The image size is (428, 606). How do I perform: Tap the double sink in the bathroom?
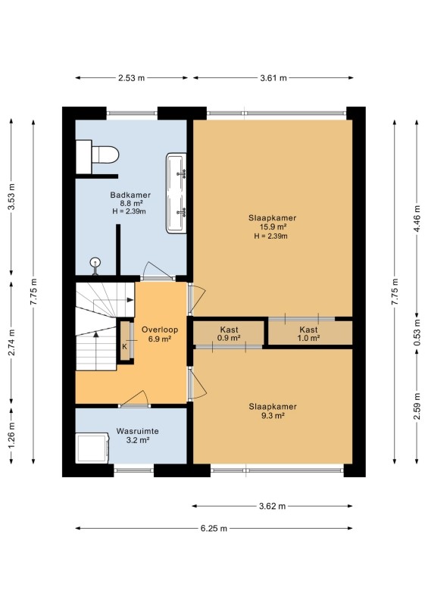pyautogui.click(x=177, y=193)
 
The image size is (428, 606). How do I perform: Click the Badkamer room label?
pyautogui.click(x=130, y=195)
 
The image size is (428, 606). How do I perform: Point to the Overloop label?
pyautogui.click(x=160, y=330)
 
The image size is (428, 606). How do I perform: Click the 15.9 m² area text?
pyautogui.click(x=273, y=226)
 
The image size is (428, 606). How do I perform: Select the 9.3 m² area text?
pyautogui.click(x=273, y=416)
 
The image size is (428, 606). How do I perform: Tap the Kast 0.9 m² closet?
pyautogui.click(x=229, y=333)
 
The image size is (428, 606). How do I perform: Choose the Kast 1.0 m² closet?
pyautogui.click(x=311, y=333)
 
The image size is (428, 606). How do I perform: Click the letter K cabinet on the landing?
pyautogui.click(x=125, y=341)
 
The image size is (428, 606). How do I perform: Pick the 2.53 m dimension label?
pyautogui.click(x=132, y=78)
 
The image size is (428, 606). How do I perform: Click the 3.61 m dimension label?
pyautogui.click(x=273, y=78)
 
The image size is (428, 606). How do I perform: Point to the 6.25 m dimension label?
pyautogui.click(x=214, y=528)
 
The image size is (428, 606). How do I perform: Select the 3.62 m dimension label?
pyautogui.click(x=273, y=506)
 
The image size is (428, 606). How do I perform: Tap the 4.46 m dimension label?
pyautogui.click(x=417, y=217)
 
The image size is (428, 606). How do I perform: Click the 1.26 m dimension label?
pyautogui.click(x=11, y=435)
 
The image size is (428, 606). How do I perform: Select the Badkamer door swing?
pyautogui.click(x=156, y=270)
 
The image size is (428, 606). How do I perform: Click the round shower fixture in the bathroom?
pyautogui.click(x=95, y=266)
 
